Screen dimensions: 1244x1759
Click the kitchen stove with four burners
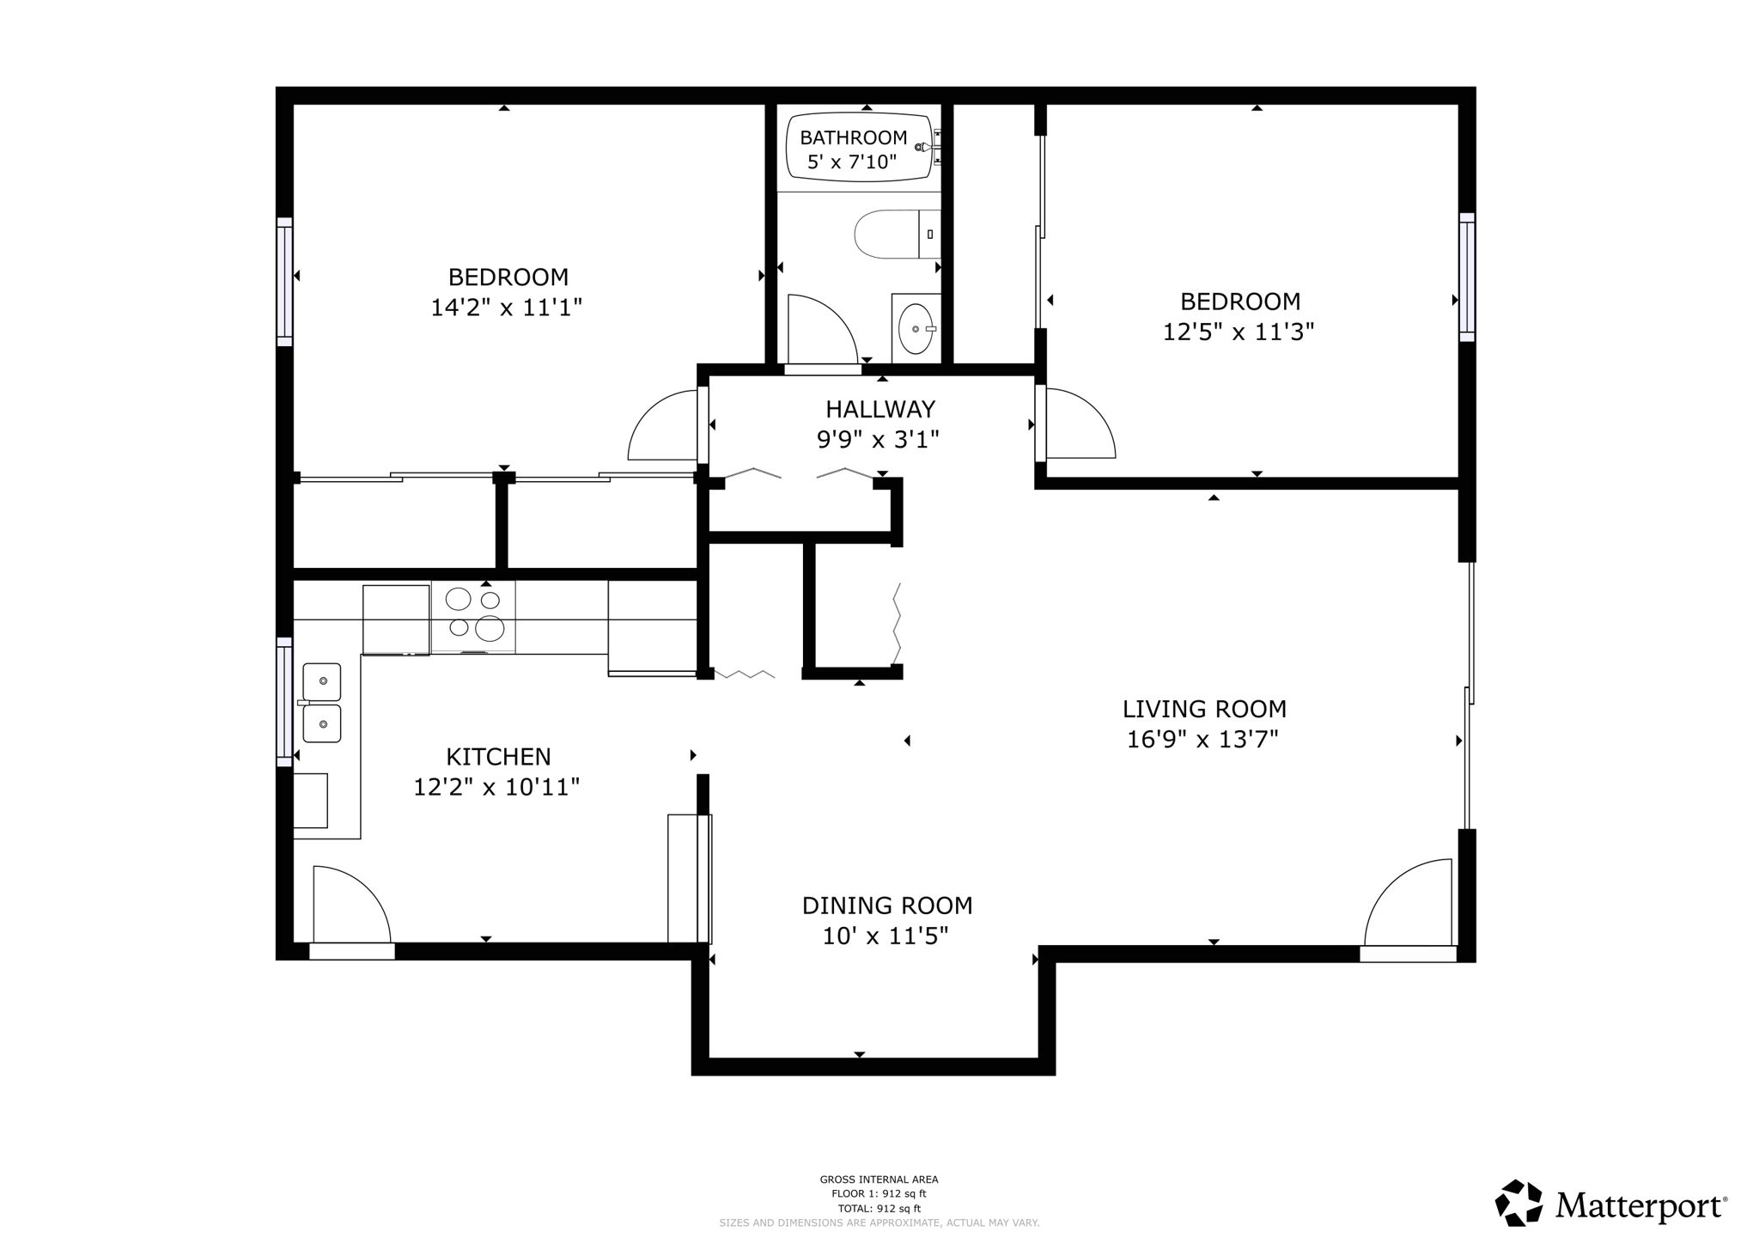click(x=473, y=616)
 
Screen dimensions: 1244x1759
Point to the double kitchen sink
click(x=322, y=703)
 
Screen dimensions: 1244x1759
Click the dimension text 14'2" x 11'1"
click(x=506, y=308)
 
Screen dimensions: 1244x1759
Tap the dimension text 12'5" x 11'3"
click(x=1238, y=332)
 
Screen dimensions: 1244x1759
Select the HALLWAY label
click(x=879, y=409)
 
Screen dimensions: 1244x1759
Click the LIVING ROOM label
click(x=1203, y=709)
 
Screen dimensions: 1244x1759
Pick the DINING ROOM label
click(x=886, y=906)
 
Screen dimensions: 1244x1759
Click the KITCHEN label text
click(x=498, y=757)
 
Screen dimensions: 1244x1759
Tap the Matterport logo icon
click(x=1519, y=1204)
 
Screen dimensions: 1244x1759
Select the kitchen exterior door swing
click(x=350, y=906)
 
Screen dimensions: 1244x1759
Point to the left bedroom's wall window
click(x=284, y=282)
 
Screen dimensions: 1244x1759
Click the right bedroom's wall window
click(x=1467, y=277)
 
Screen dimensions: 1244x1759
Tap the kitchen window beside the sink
click(x=284, y=702)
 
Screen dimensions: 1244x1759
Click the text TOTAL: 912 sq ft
click(x=879, y=1208)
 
